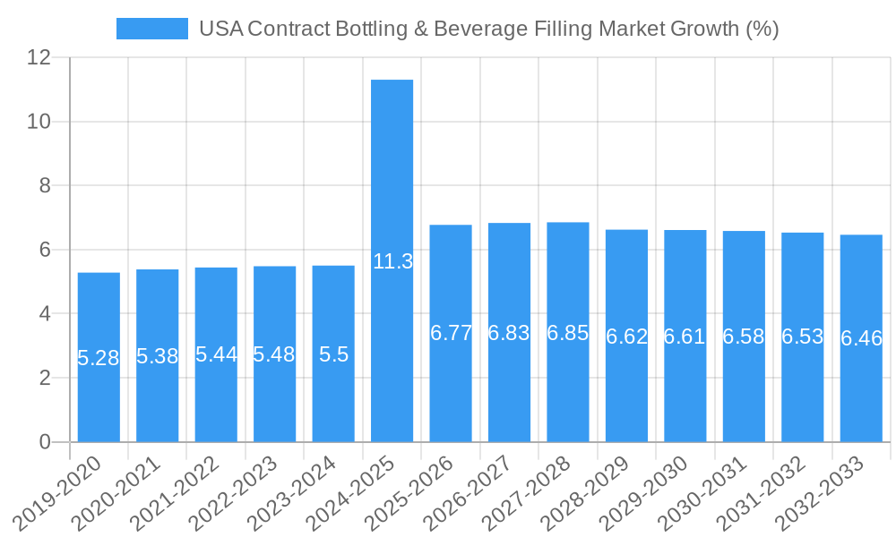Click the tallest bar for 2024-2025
pos(392,179)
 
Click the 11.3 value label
pos(392,261)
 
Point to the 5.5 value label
pos(333,354)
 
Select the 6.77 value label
pos(451,333)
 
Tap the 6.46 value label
pos(861,338)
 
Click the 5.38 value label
pos(158,356)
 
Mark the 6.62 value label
pos(626,337)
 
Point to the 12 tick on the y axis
pos(39,57)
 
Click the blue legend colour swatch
pos(152,29)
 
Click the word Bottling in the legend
pos(380,29)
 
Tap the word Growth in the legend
pos(705,29)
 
